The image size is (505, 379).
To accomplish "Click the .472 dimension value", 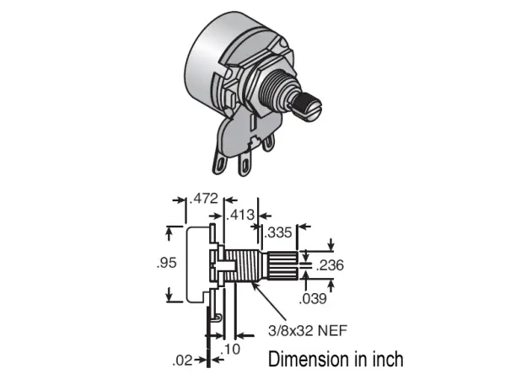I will [204, 200].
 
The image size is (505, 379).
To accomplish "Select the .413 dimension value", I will [242, 215].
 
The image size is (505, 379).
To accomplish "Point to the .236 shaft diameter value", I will [329, 265].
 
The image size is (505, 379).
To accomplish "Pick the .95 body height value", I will [165, 263].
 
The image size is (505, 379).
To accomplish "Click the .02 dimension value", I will [182, 361].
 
